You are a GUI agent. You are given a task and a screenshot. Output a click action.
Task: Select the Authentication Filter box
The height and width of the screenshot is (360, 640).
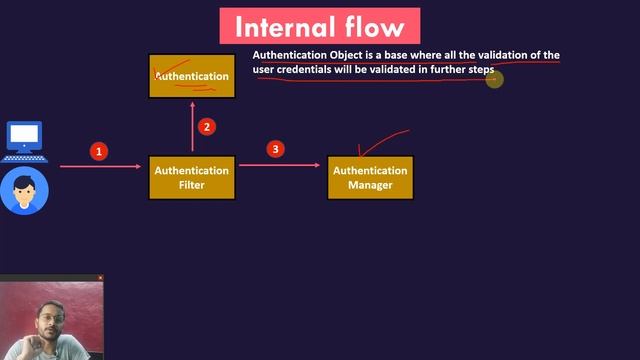(191, 177)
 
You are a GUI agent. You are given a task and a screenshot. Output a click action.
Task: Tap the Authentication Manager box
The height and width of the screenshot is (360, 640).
(370, 177)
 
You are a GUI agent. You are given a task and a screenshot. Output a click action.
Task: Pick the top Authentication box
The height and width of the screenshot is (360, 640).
(192, 76)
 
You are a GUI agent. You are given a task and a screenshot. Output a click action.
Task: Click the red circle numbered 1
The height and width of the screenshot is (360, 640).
(98, 151)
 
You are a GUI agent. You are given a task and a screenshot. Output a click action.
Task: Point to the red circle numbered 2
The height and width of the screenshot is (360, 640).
(206, 126)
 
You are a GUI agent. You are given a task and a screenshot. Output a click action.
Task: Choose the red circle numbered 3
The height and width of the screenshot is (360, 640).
(276, 149)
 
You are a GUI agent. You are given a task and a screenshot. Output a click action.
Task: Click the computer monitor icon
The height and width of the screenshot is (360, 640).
(24, 140)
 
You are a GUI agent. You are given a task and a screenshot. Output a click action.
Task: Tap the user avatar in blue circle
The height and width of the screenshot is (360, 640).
(24, 191)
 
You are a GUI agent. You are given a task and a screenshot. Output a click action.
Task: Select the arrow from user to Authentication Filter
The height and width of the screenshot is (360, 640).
(100, 166)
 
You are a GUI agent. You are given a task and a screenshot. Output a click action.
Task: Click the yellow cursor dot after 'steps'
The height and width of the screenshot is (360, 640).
(493, 79)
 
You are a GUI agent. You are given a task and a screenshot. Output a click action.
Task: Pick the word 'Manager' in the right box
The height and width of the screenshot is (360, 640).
(370, 185)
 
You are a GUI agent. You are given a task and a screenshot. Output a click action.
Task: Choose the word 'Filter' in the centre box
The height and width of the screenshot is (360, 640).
(191, 185)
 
